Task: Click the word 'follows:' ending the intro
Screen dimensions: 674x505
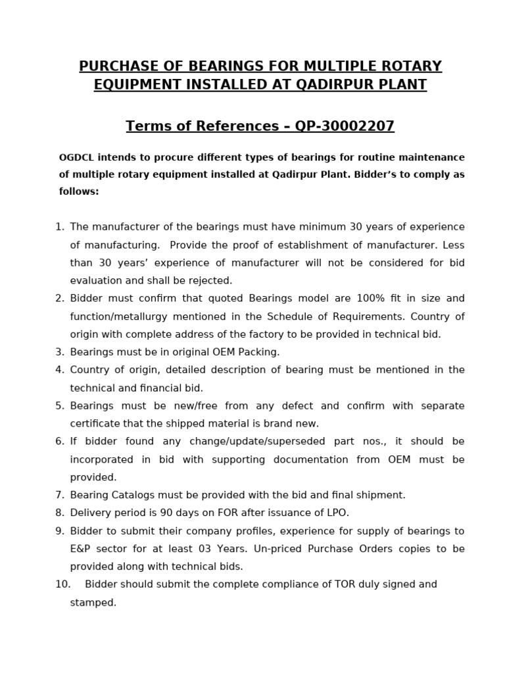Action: (79, 192)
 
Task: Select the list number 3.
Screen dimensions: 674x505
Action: (60, 352)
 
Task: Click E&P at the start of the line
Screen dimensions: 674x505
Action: (81, 548)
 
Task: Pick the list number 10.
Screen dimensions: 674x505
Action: (62, 584)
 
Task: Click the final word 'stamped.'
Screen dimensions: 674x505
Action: (93, 602)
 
